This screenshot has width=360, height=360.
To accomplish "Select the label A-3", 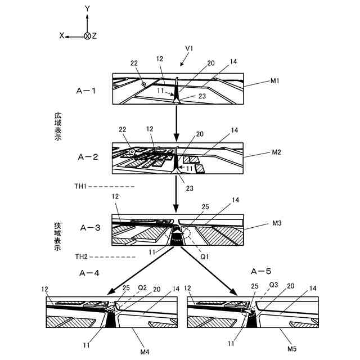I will click(x=90, y=228).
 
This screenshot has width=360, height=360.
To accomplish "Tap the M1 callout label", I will click(x=275, y=81).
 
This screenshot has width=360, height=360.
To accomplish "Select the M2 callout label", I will click(x=277, y=152).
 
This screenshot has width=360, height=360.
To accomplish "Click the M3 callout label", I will click(x=277, y=224).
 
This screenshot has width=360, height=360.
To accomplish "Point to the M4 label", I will click(x=145, y=352).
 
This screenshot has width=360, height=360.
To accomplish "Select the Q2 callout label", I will click(x=142, y=287).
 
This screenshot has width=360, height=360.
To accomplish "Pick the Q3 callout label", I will click(x=274, y=285).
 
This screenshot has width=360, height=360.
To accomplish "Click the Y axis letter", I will click(x=87, y=8).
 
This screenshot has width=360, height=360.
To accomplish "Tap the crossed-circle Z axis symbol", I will click(x=87, y=35).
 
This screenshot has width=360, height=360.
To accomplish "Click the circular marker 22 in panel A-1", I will click(x=144, y=84).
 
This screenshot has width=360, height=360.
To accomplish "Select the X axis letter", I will click(x=62, y=35).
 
